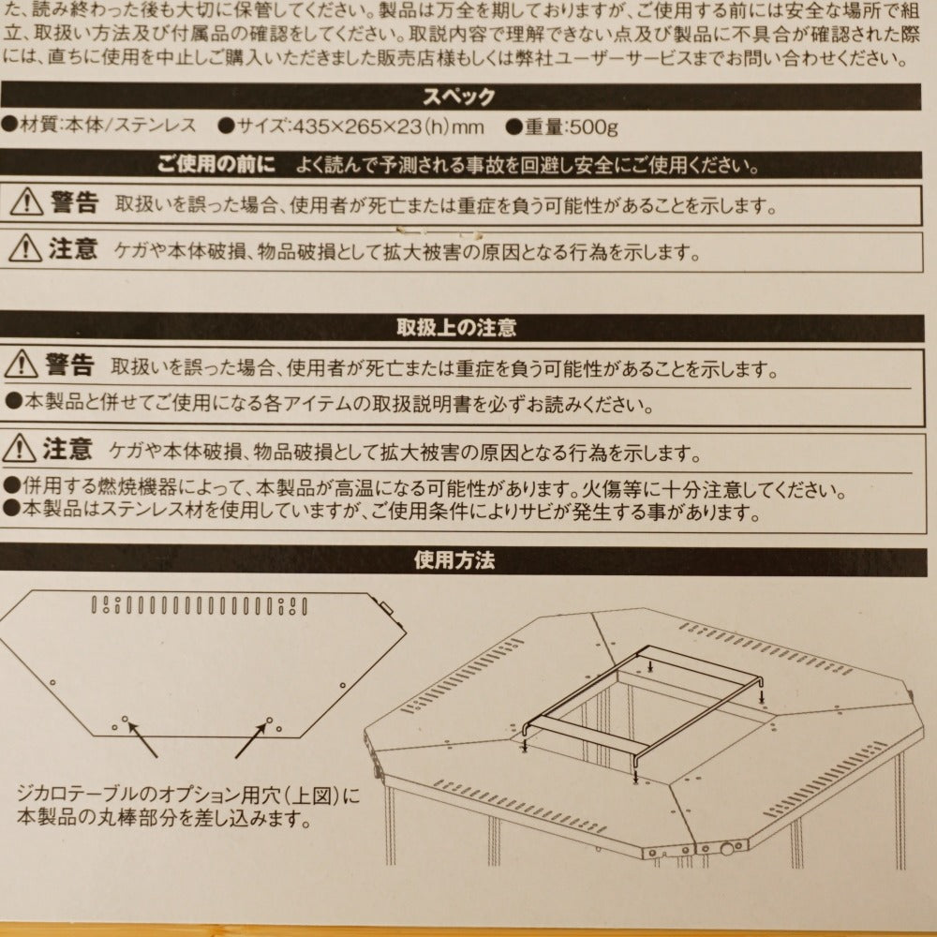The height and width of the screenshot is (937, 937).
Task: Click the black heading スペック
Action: pyautogui.click(x=459, y=97)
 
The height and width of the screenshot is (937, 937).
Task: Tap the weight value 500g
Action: pyautogui.click(x=593, y=127)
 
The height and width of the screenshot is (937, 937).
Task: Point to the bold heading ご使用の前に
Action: pyautogui.click(x=216, y=164)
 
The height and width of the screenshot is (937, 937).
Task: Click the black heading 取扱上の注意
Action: pyautogui.click(x=456, y=327)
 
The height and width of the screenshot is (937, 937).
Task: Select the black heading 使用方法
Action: pyautogui.click(x=454, y=560)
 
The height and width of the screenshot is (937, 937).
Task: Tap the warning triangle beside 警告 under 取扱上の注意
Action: pyautogui.click(x=21, y=364)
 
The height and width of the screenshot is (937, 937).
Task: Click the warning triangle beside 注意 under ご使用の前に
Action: pyautogui.click(x=25, y=248)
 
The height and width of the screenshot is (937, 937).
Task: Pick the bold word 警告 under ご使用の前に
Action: pyautogui.click(x=74, y=202)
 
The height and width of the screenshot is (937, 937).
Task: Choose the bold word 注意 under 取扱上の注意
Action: pyautogui.click(x=67, y=449)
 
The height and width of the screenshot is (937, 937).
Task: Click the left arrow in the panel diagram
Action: pyautogui.click(x=142, y=740)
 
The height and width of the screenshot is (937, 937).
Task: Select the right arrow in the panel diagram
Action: pyautogui.click(x=251, y=740)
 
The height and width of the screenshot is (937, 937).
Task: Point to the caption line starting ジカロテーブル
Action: pyautogui.click(x=189, y=796)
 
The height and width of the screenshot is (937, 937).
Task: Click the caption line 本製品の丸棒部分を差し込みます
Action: pyautogui.click(x=165, y=817)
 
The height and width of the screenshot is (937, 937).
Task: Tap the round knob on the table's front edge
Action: pyautogui.click(x=727, y=849)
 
